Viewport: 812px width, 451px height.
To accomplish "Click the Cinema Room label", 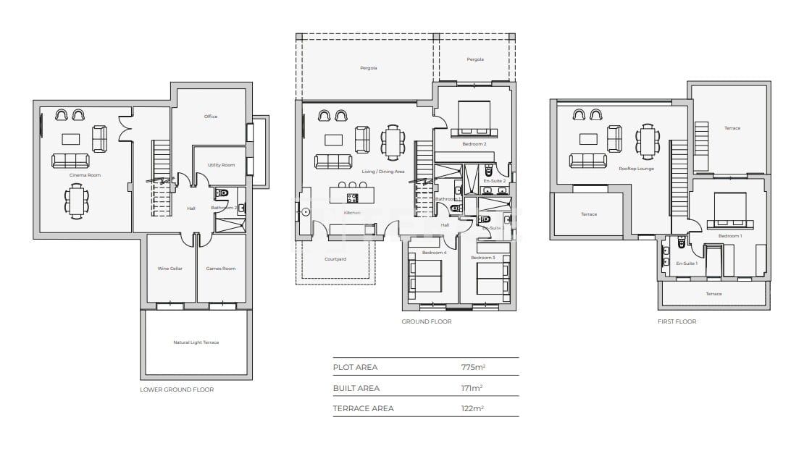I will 85,175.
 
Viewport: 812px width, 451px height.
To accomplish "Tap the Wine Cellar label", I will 170,269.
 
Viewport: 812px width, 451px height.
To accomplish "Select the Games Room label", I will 221,269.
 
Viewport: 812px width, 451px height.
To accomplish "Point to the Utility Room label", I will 221,165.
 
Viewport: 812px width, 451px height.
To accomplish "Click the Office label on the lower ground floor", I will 211,117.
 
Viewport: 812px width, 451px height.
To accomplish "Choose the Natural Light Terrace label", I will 196,342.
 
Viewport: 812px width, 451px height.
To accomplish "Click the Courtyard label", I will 335,258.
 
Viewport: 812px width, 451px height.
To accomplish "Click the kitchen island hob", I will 352,196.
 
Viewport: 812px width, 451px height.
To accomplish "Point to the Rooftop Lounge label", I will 636,169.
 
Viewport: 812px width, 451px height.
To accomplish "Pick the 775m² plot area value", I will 473,367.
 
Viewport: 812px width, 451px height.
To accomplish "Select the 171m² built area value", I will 472,388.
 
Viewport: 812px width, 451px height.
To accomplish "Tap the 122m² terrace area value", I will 472,408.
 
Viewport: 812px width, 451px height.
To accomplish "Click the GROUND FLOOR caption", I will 426,321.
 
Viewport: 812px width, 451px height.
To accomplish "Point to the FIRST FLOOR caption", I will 677,321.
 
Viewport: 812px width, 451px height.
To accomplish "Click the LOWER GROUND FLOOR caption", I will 177,389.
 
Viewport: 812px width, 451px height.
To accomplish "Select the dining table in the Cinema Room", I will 76,201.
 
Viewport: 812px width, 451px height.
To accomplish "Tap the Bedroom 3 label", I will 482,258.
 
